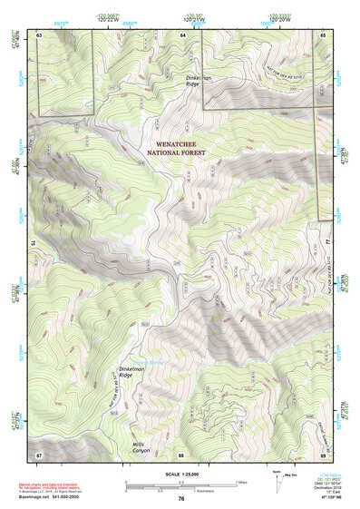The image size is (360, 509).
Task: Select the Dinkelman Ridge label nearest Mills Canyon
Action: [x=133, y=374]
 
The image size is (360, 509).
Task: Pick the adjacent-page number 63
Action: [x=40, y=34]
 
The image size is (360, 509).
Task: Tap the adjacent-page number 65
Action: [x=323, y=34]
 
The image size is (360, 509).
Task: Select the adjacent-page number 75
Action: [x=32, y=243]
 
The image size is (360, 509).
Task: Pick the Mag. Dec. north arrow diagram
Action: [x=275, y=481]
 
